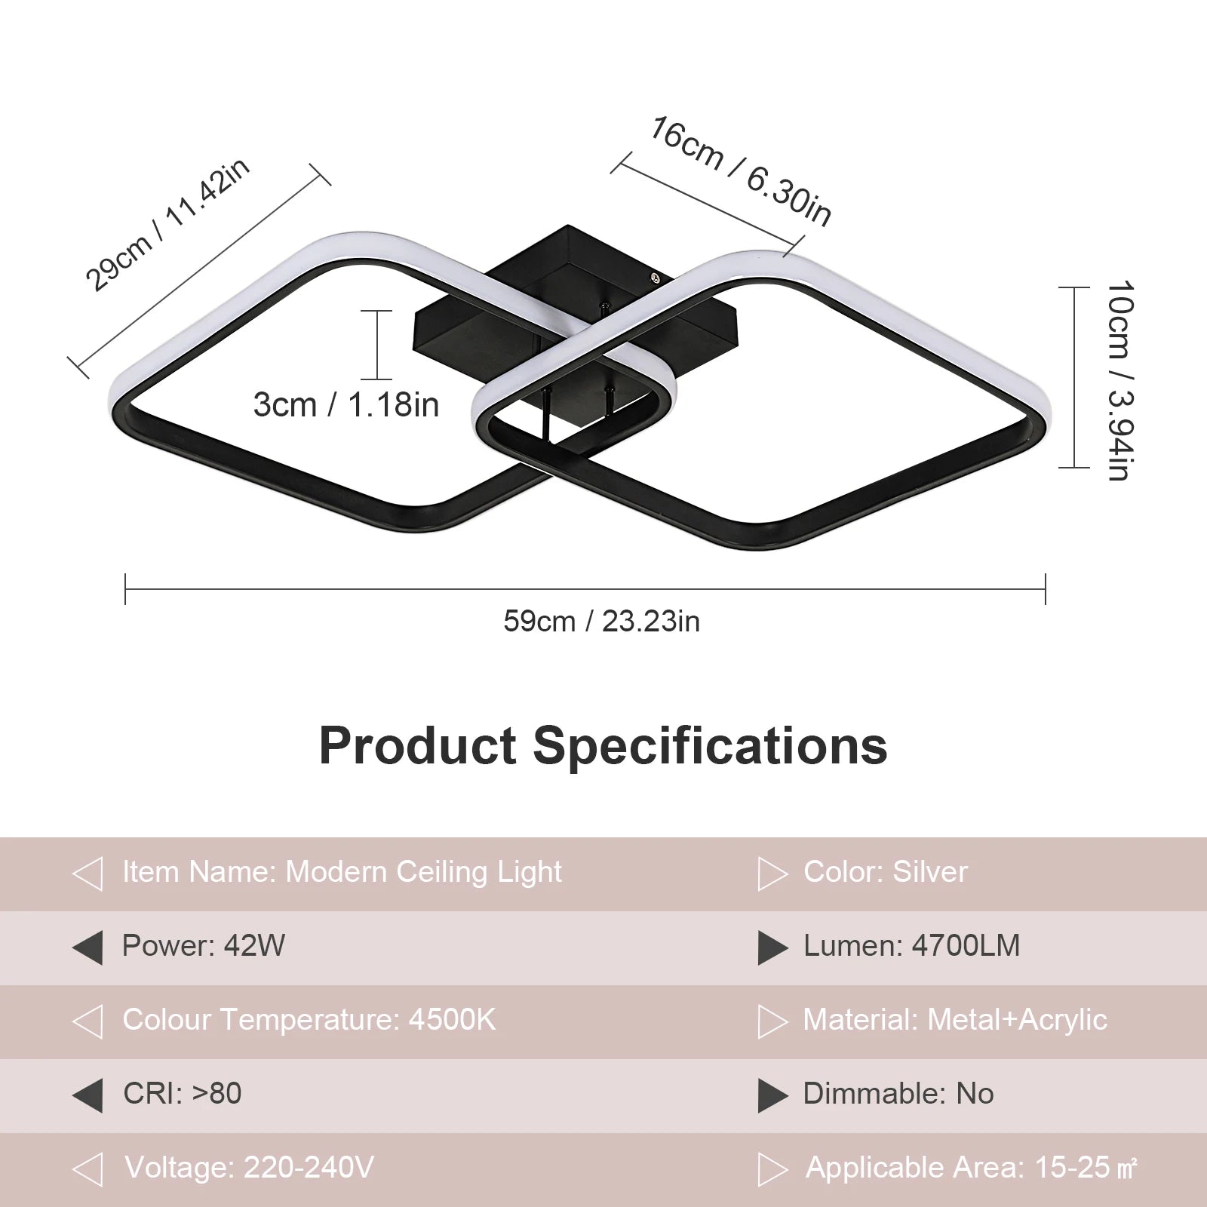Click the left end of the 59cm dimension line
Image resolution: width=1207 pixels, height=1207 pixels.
point(125,589)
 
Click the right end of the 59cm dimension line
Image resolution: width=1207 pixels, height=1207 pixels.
point(1045,589)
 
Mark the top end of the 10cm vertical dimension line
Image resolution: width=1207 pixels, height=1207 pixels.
point(1074,287)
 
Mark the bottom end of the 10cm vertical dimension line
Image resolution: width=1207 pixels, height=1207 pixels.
point(1074,468)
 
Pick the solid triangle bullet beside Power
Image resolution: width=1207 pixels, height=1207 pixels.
point(88,947)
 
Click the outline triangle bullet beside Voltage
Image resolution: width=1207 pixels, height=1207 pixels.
point(88,1169)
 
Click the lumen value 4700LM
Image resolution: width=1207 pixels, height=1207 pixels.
point(966,946)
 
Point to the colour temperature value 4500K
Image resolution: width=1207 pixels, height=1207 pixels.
point(453,1020)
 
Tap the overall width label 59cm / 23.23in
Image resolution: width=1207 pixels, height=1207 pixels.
point(601,622)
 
